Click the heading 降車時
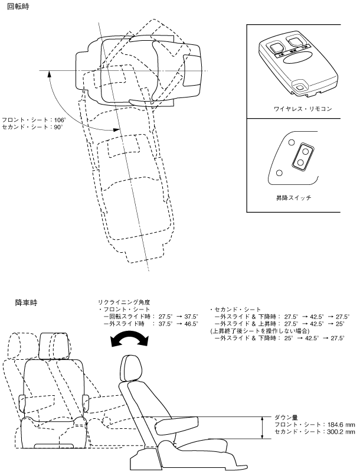click(27, 302)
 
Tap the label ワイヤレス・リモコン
click(294, 109)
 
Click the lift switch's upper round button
click(305, 151)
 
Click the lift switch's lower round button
click(302, 162)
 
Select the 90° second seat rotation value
click(57, 127)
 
